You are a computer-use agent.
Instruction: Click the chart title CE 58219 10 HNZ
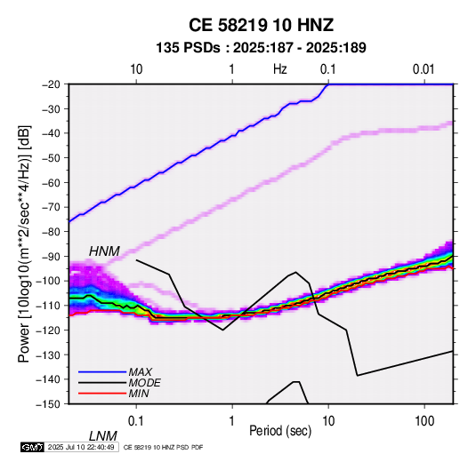pyautogui.click(x=261, y=25)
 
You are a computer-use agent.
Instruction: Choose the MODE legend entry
pyautogui.click(x=144, y=383)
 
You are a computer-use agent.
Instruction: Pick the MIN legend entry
pyautogui.click(x=139, y=394)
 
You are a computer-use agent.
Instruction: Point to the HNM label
pyautogui.click(x=104, y=251)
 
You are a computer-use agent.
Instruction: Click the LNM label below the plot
pyautogui.click(x=103, y=436)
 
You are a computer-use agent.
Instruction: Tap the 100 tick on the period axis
pyautogui.click(x=424, y=421)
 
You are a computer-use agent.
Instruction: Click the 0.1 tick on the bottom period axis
pyautogui.click(x=136, y=421)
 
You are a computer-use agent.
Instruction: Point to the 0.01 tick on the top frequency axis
pyautogui.click(x=424, y=69)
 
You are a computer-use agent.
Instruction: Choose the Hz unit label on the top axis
pyautogui.click(x=280, y=69)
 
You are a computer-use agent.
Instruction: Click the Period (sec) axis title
pyautogui.click(x=280, y=431)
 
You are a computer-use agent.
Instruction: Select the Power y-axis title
pyautogui.click(x=24, y=243)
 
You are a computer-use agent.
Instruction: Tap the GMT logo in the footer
pyautogui.click(x=33, y=447)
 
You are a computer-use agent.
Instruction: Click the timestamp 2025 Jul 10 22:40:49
pyautogui.click(x=81, y=447)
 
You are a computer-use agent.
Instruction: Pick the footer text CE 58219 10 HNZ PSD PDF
pyautogui.click(x=164, y=447)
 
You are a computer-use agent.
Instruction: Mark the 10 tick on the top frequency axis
pyautogui.click(x=136, y=69)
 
